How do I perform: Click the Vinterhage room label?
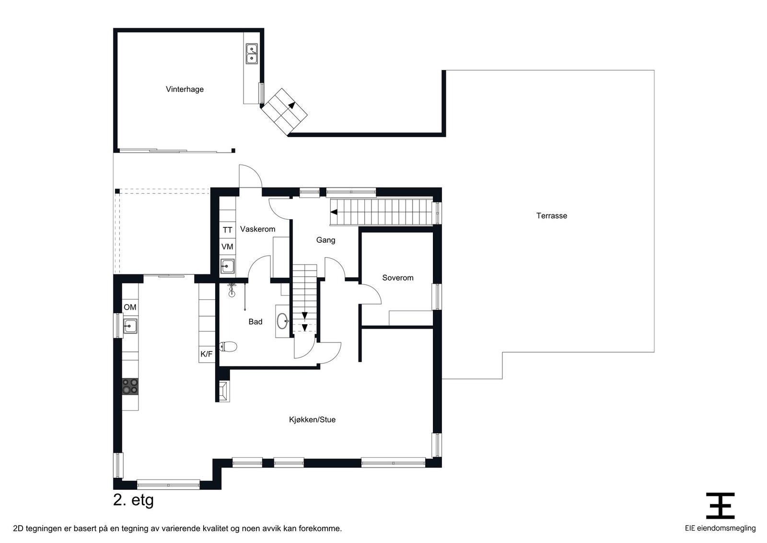click(x=185, y=89)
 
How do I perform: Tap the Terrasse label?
click(x=551, y=216)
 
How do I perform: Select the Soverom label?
click(x=397, y=278)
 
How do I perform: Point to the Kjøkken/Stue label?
click(x=312, y=420)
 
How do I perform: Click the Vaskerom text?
click(x=257, y=229)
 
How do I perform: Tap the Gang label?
click(x=325, y=240)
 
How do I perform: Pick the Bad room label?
click(x=255, y=322)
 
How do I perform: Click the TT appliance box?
click(x=227, y=230)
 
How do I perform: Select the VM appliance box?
click(x=227, y=247)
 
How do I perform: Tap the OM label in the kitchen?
click(x=130, y=307)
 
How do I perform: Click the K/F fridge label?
click(x=207, y=354)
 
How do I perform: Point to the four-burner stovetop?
click(x=130, y=386)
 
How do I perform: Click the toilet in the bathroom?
click(x=228, y=346)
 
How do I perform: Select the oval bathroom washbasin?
click(x=282, y=320)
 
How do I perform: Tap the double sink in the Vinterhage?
click(x=251, y=54)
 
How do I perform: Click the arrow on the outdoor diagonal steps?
click(x=291, y=106)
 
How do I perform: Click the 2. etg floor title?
click(x=133, y=500)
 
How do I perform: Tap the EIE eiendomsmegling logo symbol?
click(x=720, y=506)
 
